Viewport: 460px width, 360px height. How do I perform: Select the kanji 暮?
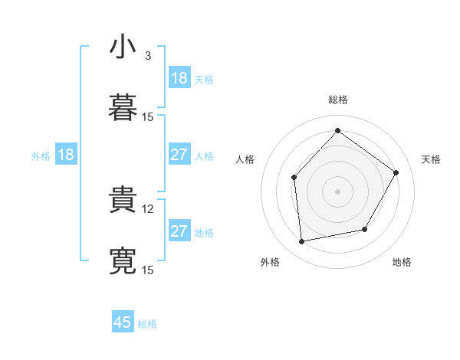[x=123, y=108]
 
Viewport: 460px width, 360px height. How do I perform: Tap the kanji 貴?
[x=123, y=200]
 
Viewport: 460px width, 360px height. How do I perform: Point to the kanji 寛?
[x=123, y=260]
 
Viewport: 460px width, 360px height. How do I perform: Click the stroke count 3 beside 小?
[x=148, y=56]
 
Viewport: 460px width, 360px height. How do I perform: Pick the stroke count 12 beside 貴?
[x=149, y=208]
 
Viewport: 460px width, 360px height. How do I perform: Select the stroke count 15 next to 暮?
[x=149, y=116]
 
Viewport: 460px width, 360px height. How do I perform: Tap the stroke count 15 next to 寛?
[x=149, y=270]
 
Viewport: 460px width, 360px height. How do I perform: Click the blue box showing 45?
[x=123, y=322]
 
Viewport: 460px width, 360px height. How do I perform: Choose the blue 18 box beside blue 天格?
[x=179, y=78]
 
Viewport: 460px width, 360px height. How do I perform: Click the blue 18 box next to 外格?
[x=66, y=155]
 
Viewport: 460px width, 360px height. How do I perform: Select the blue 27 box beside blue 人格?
[x=179, y=155]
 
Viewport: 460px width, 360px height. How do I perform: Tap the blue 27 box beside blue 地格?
[x=179, y=231]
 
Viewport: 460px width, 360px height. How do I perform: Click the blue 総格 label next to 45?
[x=147, y=324]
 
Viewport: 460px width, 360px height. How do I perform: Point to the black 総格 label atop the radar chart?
[x=338, y=100]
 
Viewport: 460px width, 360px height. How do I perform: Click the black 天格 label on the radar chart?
[x=431, y=159]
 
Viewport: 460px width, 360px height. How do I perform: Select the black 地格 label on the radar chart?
[x=402, y=262]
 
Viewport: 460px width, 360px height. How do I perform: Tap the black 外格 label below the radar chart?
[x=270, y=262]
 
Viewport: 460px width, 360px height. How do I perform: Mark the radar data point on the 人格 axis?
[x=294, y=178]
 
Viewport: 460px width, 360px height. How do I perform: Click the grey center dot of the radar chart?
[x=338, y=191]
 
